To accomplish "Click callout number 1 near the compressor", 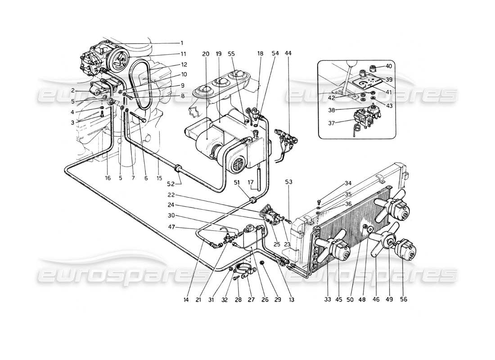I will [x=182, y=43].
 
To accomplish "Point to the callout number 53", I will [x=288, y=182].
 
